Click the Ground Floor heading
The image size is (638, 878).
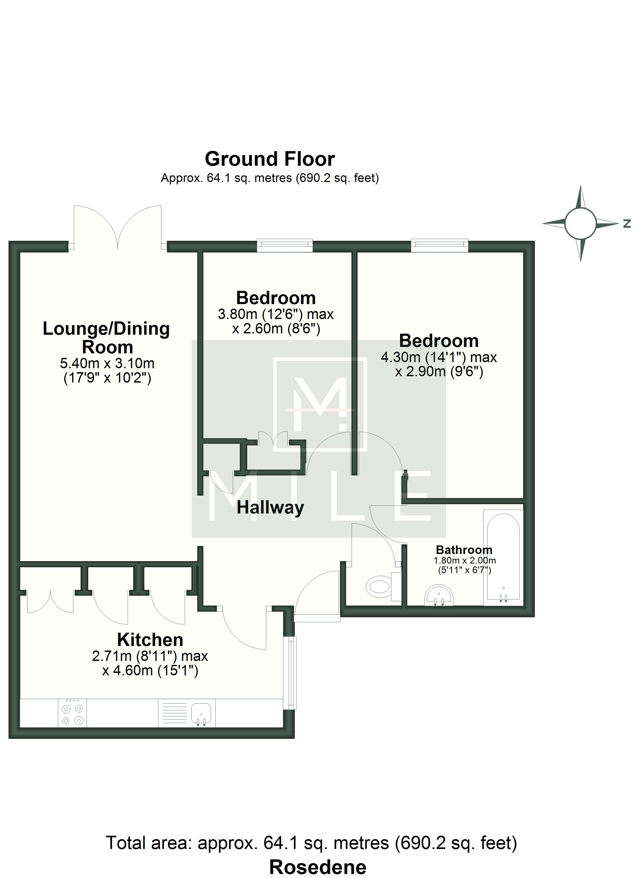270,159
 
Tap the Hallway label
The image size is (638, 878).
270,508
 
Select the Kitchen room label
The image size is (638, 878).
150,640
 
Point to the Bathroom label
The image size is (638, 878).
464,550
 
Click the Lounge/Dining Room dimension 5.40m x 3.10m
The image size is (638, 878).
107,363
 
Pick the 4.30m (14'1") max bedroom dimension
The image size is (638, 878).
439,357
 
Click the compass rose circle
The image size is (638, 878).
580,223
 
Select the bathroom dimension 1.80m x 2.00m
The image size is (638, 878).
465,561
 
